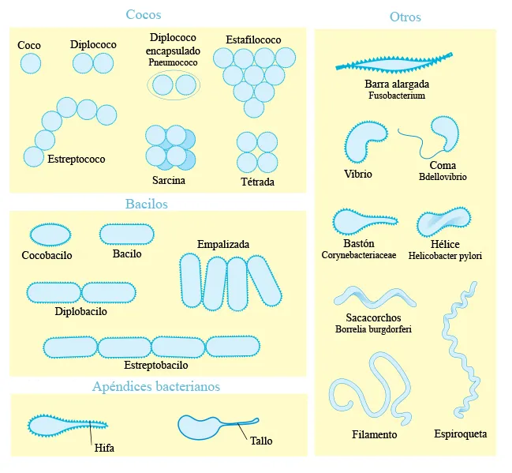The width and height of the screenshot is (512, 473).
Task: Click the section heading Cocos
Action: tap(144, 14)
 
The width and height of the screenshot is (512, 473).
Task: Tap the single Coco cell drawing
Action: tap(31, 63)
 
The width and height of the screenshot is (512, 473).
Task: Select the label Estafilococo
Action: tap(253, 39)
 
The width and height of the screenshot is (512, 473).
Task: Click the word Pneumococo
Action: tap(173, 62)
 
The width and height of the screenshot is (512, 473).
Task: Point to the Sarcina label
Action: tap(169, 180)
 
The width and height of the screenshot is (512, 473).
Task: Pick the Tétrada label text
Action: tap(257, 182)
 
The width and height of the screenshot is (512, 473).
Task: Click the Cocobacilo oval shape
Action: tap(50, 235)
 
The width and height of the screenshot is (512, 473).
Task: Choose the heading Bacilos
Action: tap(146, 204)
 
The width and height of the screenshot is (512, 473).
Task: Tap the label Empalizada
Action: tap(223, 244)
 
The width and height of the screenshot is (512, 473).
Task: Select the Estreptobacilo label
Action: tap(155, 365)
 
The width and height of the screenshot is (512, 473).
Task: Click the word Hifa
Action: tap(104, 448)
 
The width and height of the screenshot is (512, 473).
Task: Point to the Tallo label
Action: tap(261, 441)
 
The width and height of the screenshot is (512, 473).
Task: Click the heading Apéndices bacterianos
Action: tap(156, 386)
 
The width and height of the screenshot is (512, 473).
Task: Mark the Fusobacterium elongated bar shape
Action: tap(394, 65)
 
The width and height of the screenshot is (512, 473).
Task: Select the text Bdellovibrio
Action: tap(443, 177)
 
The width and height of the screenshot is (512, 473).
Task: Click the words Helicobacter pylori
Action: tap(445, 256)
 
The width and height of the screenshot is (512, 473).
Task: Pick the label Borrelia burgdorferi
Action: tap(373, 328)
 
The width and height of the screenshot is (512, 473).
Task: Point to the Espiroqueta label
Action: tap(461, 434)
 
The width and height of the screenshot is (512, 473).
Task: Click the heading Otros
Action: tap(405, 17)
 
